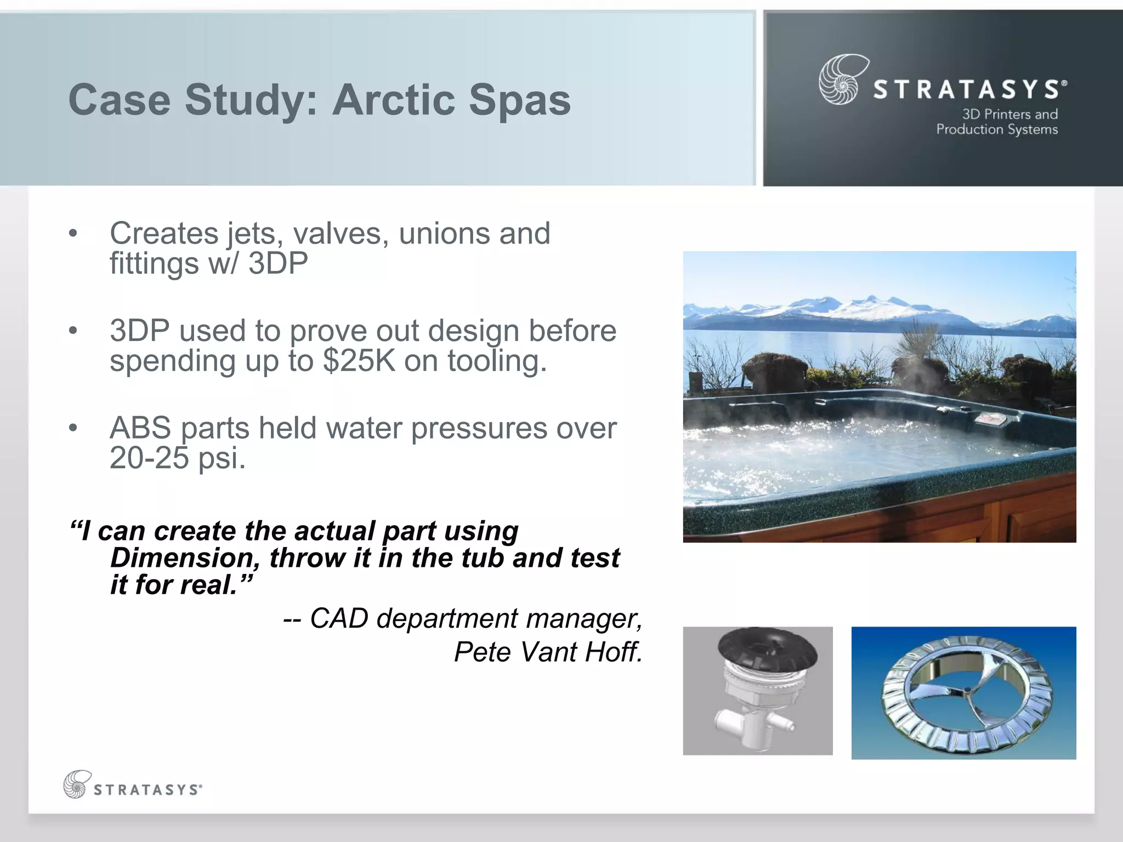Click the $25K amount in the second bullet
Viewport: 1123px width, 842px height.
click(x=359, y=361)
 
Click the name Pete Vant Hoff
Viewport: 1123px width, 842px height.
click(x=548, y=652)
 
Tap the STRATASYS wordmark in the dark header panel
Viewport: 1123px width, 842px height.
click(x=966, y=89)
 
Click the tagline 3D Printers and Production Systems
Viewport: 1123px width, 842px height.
click(x=997, y=122)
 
